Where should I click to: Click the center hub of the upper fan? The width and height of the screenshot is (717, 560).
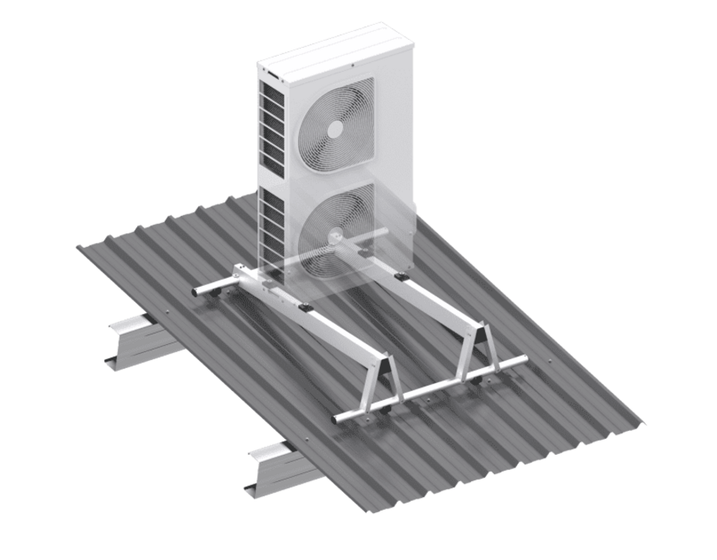click(333, 130)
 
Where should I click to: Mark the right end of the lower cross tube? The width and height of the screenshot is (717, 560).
click(523, 360)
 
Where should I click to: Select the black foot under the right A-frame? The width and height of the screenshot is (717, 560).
click(477, 383)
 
